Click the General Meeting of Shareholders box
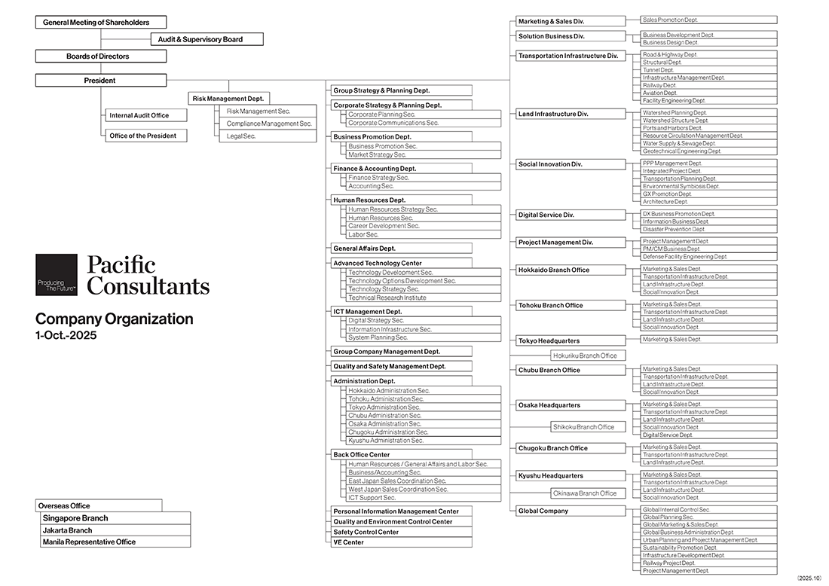101,23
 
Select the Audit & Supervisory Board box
206,39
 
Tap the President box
101,81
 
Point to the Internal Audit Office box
145,115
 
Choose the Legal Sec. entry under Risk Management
268,136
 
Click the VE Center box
401,542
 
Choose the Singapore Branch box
115,518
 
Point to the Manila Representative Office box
115,542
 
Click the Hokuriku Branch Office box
585,356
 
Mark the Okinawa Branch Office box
585,493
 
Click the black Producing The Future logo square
57,275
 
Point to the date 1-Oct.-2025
66,335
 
